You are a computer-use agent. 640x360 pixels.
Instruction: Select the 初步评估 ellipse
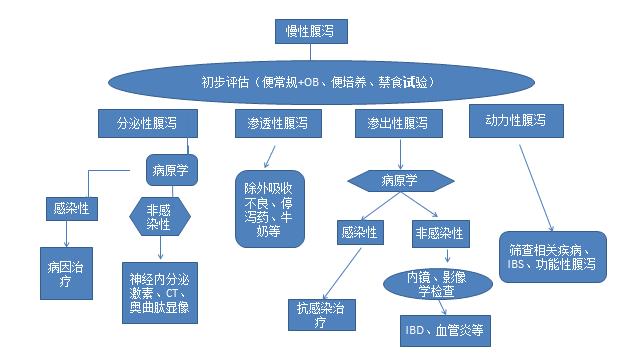314,81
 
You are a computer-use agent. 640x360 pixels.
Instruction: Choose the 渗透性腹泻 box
271,123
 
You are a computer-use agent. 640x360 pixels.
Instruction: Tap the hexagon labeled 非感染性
159,215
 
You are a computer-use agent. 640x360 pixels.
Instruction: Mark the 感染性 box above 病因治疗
70,210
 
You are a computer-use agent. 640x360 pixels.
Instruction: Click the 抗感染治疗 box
319,315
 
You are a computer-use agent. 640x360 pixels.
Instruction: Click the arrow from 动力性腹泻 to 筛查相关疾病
535,185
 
